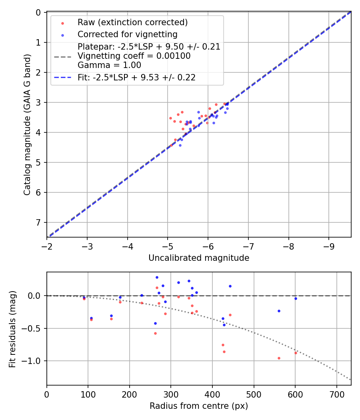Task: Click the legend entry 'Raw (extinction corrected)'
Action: tap(133, 22)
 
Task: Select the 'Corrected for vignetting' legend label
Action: tap(128, 34)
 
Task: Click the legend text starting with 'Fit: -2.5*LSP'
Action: tap(136, 78)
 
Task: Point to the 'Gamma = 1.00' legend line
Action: tap(109, 65)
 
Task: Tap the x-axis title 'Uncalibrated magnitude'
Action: tap(199, 258)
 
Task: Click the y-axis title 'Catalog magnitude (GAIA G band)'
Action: tap(27, 124)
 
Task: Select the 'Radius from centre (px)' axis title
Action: tap(199, 406)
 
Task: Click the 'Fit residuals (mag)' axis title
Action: tap(12, 329)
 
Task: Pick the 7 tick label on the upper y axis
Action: tap(38, 222)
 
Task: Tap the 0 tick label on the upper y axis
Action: tap(38, 12)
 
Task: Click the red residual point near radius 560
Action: tap(279, 358)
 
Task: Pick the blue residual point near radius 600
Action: tap(296, 298)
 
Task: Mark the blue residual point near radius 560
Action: tap(279, 311)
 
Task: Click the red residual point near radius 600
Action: tap(296, 353)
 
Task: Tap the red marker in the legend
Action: tap(62, 23)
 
